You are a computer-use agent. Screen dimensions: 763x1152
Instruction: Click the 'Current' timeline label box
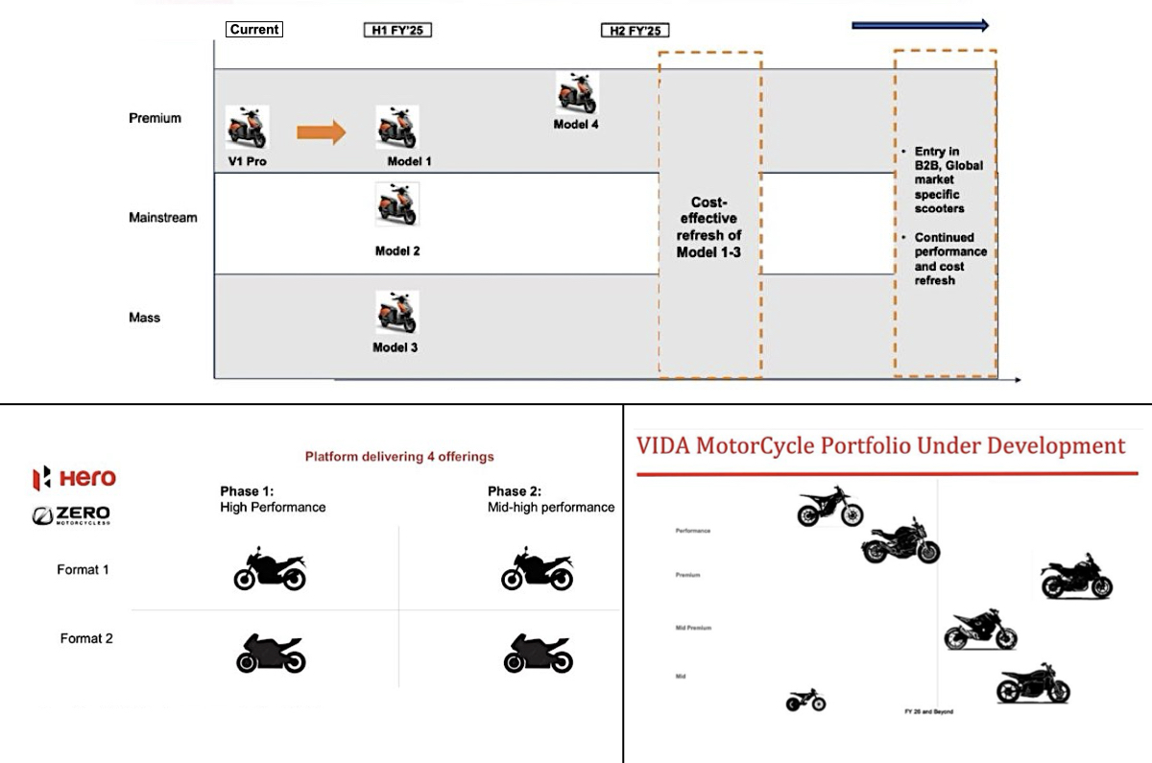[x=254, y=30]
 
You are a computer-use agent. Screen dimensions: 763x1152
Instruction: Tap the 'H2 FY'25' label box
[x=635, y=31]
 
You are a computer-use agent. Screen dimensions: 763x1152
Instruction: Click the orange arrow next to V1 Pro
[x=321, y=131]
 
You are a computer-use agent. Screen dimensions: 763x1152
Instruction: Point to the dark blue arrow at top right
[x=920, y=26]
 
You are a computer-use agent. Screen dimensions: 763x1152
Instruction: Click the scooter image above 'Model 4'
[x=577, y=94]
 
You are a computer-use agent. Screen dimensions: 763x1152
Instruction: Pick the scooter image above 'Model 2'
[x=396, y=204]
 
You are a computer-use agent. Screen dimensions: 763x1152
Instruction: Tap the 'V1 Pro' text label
[x=247, y=161]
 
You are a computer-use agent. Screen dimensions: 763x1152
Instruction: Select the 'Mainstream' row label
[x=163, y=218]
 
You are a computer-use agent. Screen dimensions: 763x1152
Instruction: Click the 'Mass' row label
[x=145, y=317]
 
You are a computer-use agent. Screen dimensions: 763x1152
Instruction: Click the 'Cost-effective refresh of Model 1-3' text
[x=708, y=227]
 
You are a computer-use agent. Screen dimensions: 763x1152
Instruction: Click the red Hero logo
[x=74, y=477]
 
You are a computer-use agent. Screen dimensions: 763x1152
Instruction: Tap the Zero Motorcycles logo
[x=72, y=515]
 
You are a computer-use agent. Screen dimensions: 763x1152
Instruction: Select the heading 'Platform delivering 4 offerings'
[x=399, y=457]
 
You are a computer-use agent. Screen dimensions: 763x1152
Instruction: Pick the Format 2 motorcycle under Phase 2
[x=538, y=653]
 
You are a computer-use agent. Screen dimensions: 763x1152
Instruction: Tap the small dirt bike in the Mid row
[x=805, y=701]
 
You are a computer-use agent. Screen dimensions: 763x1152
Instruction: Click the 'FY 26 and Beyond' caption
[x=928, y=711]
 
